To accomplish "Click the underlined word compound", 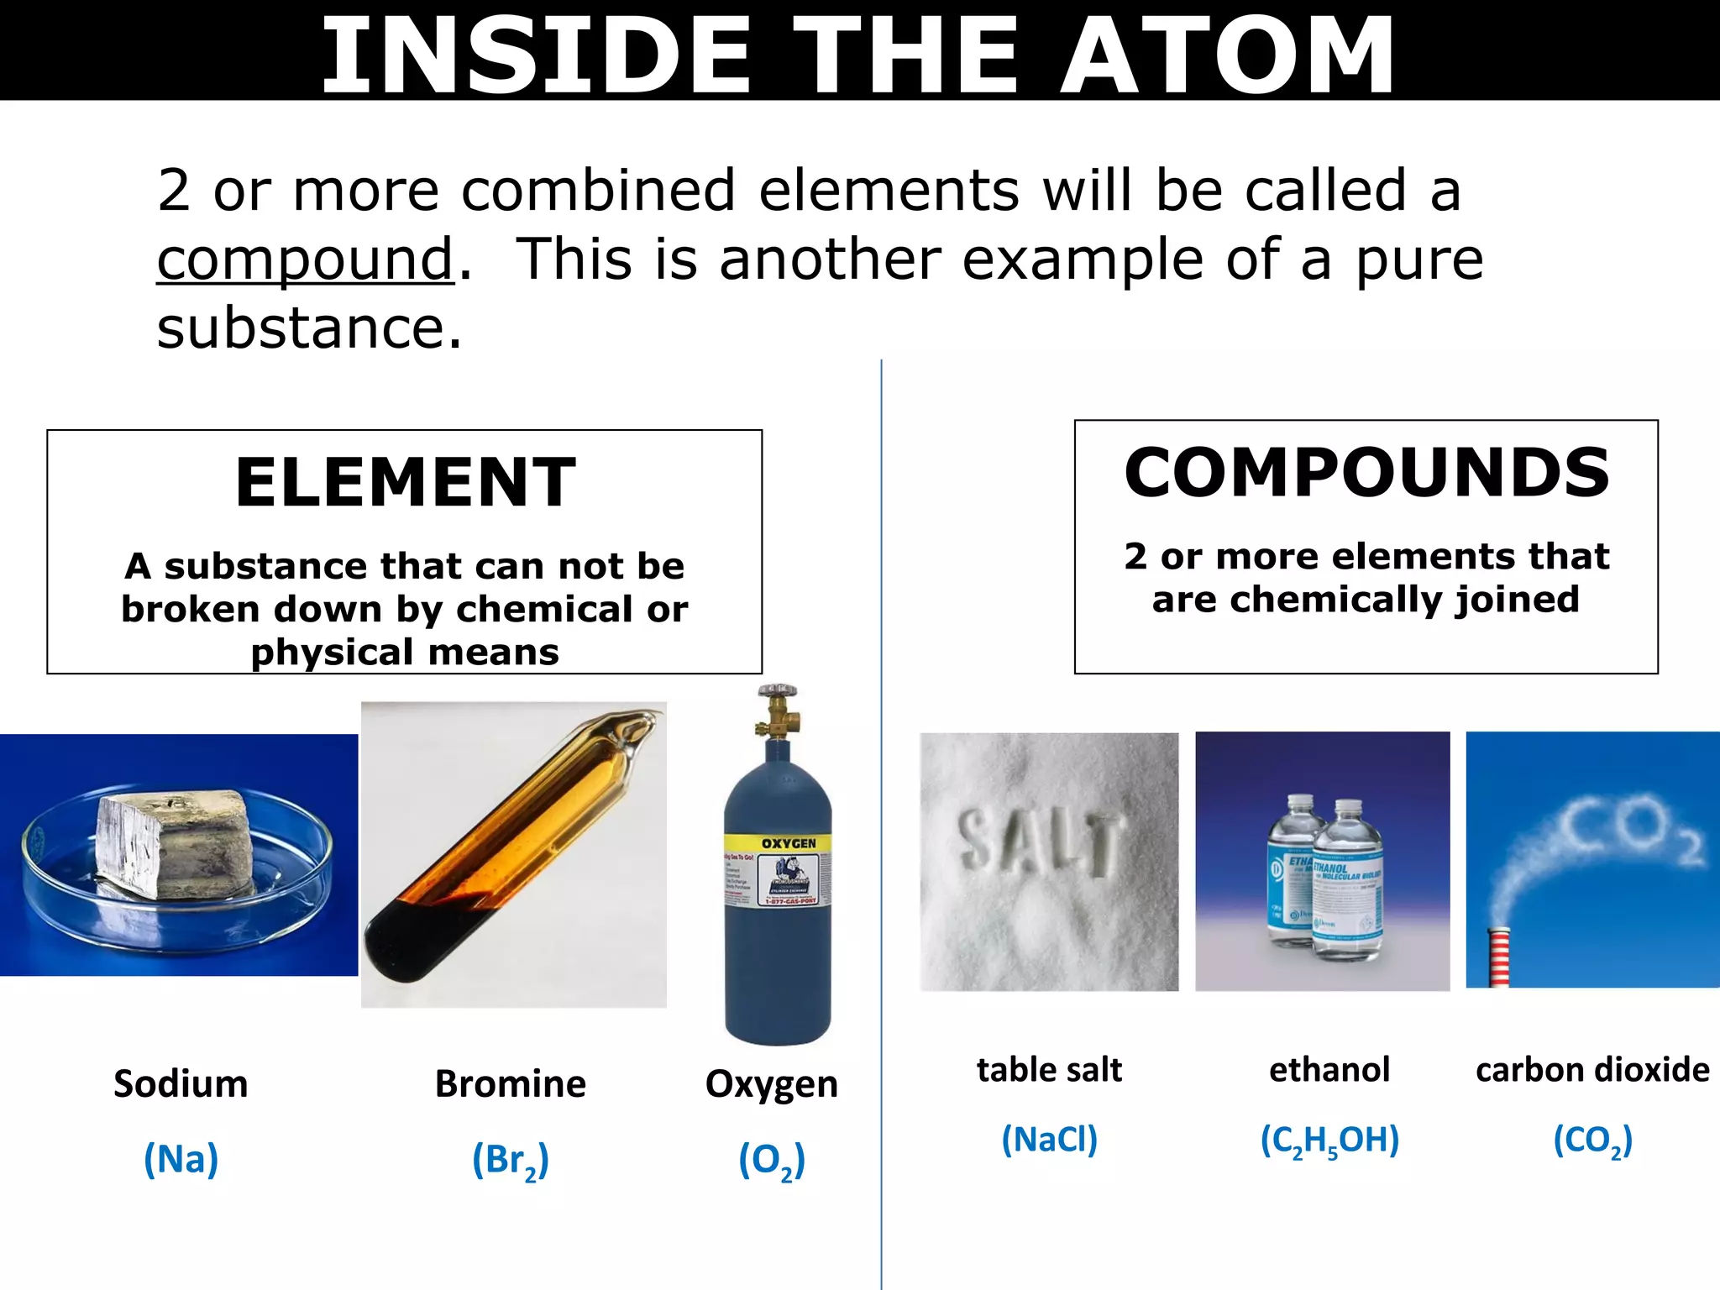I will click(x=305, y=260).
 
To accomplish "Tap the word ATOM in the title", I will click(x=1227, y=55).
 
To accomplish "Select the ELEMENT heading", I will click(x=406, y=483).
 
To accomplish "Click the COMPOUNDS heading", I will click(x=1366, y=472).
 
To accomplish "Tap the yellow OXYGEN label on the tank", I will click(x=788, y=843).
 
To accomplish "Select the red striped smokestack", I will click(x=1498, y=957).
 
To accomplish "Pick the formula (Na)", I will click(x=181, y=1159).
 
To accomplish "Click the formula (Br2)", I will click(x=510, y=1161).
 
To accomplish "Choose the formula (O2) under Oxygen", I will click(x=771, y=1161).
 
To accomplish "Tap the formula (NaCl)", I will click(x=1049, y=1140).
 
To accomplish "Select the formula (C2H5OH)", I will click(x=1329, y=1141).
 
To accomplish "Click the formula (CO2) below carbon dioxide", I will click(x=1592, y=1141).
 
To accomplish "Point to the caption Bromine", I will click(x=510, y=1084).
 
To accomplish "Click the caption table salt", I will click(x=1049, y=1070).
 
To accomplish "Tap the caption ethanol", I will click(x=1329, y=1070).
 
